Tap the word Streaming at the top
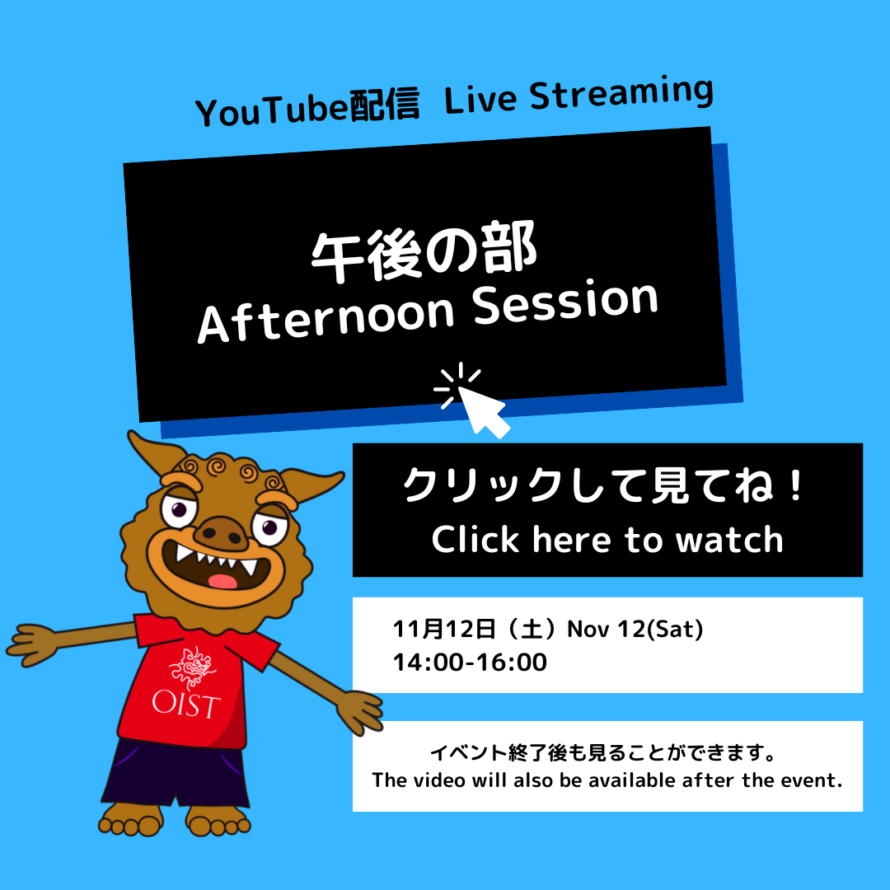click(x=621, y=93)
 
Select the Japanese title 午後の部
click(x=424, y=251)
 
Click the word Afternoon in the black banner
click(x=326, y=318)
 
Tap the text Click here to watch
click(x=607, y=539)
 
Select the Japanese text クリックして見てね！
click(x=604, y=485)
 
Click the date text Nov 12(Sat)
click(x=635, y=629)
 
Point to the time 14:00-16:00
click(x=470, y=663)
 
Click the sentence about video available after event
click(x=607, y=780)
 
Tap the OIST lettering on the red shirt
click(x=186, y=704)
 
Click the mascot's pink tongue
click(x=222, y=581)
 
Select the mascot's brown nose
click(x=222, y=532)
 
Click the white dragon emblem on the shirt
click(x=193, y=667)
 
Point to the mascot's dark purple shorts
click(x=176, y=772)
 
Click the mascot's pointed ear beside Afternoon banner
click(x=153, y=452)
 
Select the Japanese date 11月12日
click(x=444, y=629)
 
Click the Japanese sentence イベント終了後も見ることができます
click(x=602, y=752)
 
